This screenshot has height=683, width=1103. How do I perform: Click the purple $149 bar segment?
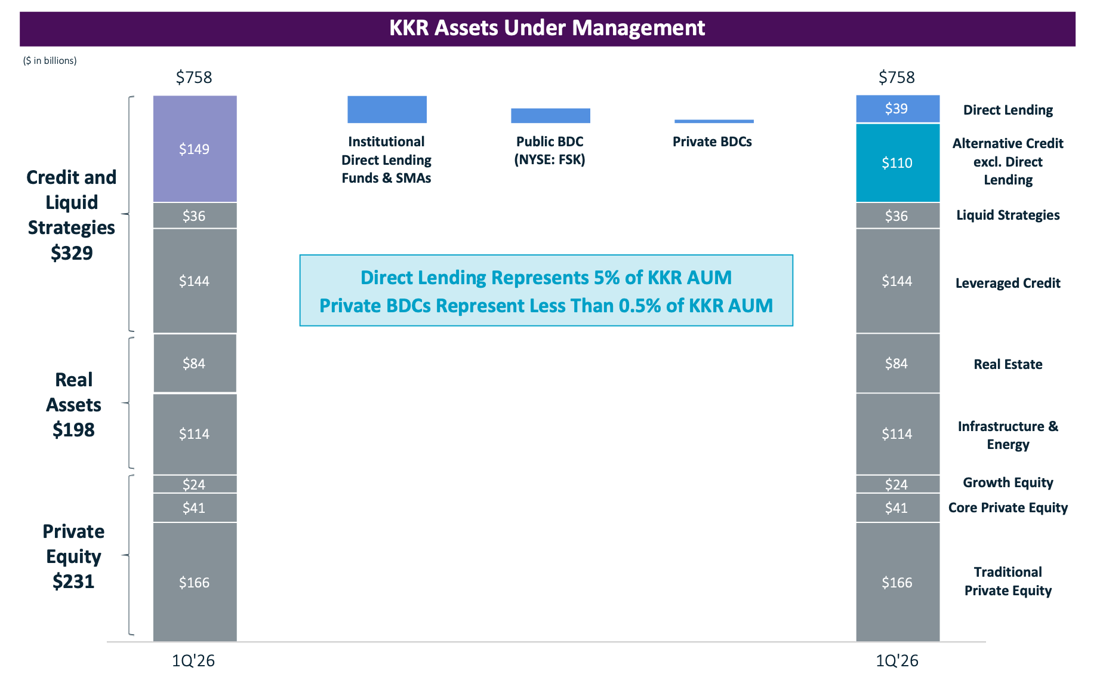195,149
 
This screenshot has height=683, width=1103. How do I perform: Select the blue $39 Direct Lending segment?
898,109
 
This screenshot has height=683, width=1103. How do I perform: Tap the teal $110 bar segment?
898,162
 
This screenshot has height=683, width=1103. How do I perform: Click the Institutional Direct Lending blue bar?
387,109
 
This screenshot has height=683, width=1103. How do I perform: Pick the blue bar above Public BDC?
550,116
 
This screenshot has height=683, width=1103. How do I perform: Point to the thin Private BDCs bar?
714,121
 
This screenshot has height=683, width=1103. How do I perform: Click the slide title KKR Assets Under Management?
547,28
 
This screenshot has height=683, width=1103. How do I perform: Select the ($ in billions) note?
50,60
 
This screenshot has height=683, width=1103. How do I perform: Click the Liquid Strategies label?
1008,215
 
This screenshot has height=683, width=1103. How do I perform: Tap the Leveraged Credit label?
1008,283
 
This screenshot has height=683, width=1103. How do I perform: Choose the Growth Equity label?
1008,482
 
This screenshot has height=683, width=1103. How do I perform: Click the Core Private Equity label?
1008,507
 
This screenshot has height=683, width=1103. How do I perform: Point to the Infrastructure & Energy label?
1008,435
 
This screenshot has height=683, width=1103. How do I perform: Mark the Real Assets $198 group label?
73,405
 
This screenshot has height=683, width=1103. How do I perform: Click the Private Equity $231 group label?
73,556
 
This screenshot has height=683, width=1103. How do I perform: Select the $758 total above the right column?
896,77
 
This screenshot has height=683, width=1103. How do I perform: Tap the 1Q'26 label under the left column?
193,660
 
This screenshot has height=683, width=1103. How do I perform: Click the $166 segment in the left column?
195,582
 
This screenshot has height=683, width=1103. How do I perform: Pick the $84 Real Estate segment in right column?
898,363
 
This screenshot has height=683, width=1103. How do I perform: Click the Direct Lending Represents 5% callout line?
546,278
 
